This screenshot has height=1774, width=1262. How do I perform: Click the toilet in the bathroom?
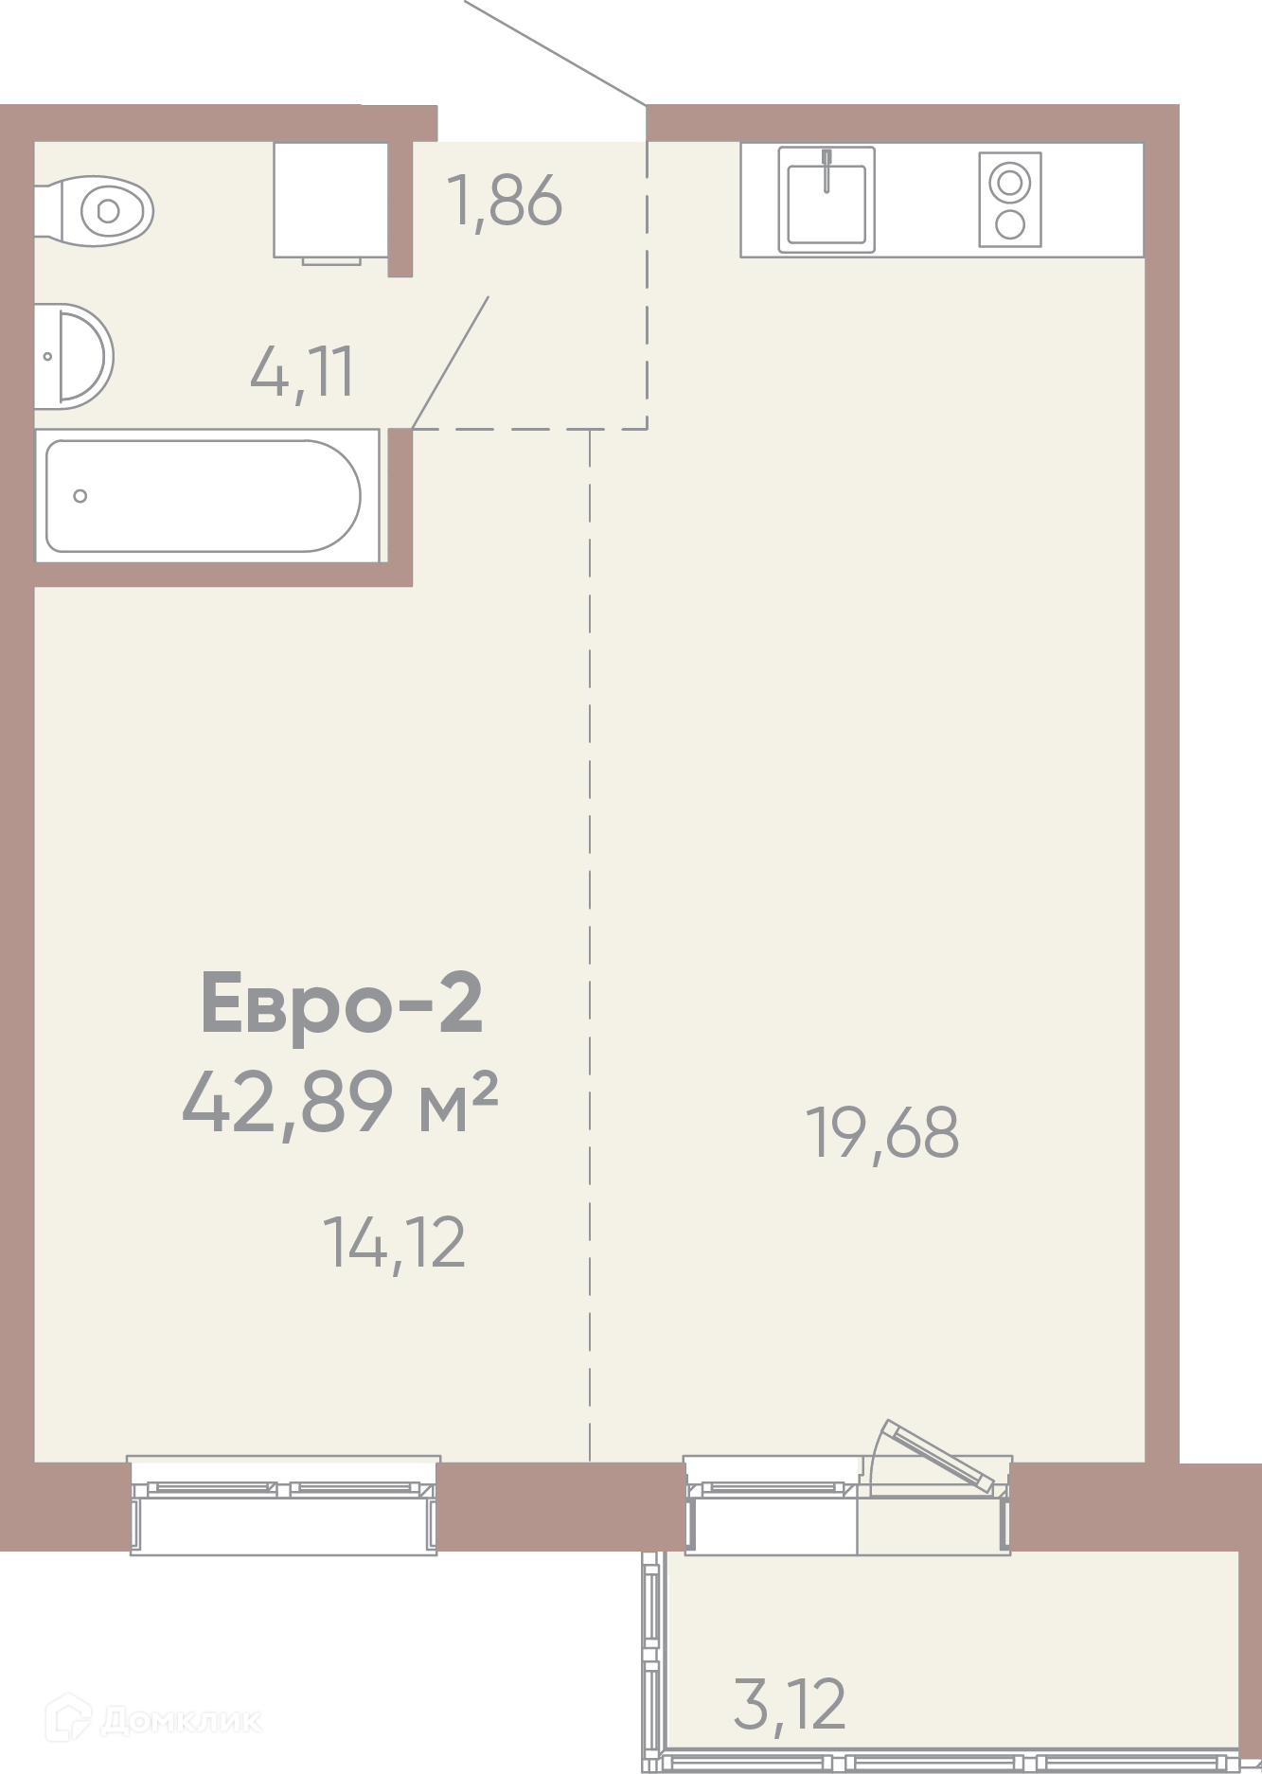click(95, 210)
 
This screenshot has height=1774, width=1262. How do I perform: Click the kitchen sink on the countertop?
click(827, 200)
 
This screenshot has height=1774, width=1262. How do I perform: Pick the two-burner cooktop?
click(1010, 200)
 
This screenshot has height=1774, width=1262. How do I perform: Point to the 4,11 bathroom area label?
click(302, 372)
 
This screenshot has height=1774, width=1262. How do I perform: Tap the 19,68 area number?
click(882, 1133)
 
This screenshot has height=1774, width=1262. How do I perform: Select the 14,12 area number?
click(395, 1243)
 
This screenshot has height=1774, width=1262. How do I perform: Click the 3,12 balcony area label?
click(790, 1705)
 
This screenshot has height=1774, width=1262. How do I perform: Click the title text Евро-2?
click(342, 1003)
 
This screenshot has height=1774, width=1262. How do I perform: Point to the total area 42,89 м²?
click(340, 1101)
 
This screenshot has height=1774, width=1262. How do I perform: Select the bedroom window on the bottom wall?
click(284, 1505)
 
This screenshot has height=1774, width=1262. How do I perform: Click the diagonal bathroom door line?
click(451, 363)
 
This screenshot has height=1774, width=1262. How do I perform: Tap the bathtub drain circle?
click(80, 496)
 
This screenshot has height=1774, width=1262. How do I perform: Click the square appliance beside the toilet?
click(331, 201)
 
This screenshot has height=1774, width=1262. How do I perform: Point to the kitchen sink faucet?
click(827, 170)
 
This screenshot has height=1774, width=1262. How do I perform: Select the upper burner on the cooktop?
click(1010, 182)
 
